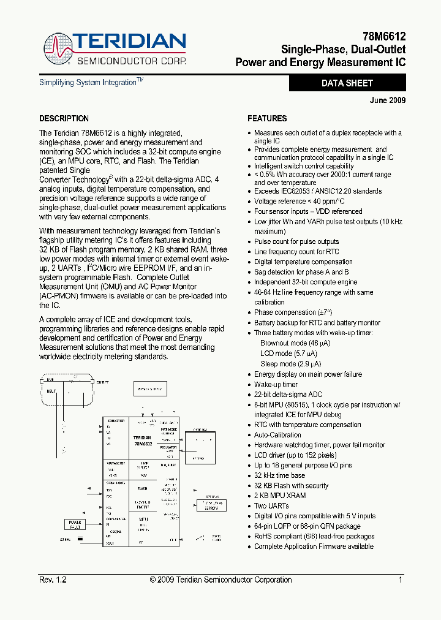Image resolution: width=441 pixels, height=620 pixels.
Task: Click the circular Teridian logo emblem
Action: click(57, 48)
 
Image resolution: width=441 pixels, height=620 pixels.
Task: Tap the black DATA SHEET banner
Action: click(347, 83)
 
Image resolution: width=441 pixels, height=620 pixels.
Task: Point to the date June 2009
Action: click(388, 100)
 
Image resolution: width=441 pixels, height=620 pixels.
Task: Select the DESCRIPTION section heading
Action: click(64, 118)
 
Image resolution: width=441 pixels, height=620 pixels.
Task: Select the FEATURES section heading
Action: click(267, 118)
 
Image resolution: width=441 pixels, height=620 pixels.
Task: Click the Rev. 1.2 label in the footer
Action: click(53, 580)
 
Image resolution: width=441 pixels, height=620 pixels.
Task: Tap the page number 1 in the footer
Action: click(401, 580)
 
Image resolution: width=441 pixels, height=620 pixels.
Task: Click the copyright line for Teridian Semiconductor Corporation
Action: click(221, 580)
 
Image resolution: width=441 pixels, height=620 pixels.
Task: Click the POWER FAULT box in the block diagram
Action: click(74, 524)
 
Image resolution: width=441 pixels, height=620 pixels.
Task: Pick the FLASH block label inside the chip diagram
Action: click(142, 489)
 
